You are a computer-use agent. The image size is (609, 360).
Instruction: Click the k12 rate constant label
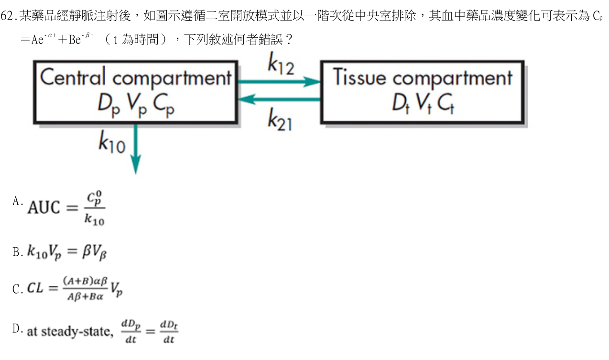pos(281,64)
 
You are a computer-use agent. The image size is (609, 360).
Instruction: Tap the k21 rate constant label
pos(280,120)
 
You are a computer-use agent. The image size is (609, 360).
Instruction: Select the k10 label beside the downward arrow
pos(112,142)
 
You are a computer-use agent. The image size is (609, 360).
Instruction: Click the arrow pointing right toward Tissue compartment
pos(279,81)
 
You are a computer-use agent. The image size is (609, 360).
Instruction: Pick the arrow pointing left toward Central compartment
pos(279,99)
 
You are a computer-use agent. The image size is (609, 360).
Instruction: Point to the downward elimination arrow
pos(136,149)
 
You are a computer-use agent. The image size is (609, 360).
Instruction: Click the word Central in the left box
pos(73,77)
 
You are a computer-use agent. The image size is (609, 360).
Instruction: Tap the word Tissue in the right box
pos(359,77)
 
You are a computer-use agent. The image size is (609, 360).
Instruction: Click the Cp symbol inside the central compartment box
pos(163,105)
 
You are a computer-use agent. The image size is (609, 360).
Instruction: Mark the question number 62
pos(7,16)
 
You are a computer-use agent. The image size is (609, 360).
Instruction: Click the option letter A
pos(16,201)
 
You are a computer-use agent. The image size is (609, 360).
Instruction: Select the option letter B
pos(16,252)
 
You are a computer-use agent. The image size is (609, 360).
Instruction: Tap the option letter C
pos(16,289)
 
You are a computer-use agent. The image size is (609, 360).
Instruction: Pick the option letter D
pos(16,328)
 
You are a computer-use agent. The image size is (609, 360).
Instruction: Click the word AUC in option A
pos(44,207)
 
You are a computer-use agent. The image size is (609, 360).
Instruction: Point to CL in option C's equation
pos(35,288)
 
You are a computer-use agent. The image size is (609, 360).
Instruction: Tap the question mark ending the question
pos(289,39)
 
